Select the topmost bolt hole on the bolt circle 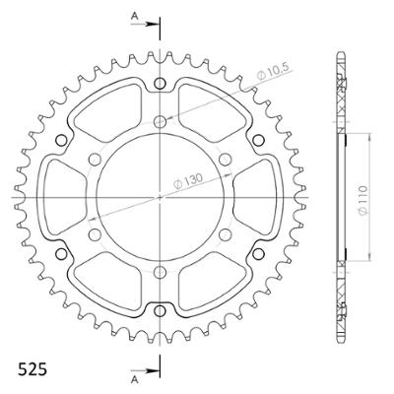click(161, 121)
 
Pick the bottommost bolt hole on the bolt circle click(161, 271)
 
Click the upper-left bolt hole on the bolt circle click(96, 159)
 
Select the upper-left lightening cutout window click(110, 110)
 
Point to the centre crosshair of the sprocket click(161, 196)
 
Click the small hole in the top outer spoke click(161, 84)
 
